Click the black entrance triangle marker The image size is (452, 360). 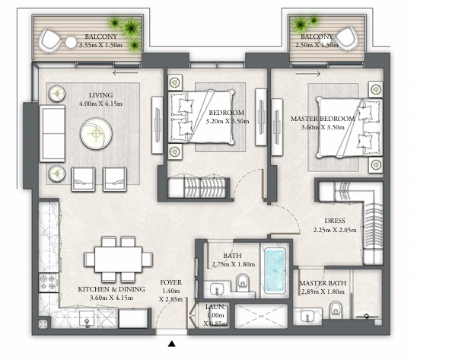(172, 343)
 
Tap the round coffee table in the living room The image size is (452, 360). (96, 133)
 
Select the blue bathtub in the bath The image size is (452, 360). (275, 272)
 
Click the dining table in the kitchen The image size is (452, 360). (118, 260)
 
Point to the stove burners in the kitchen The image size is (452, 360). (48, 282)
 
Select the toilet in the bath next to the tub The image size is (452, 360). (243, 282)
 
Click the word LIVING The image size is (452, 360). (100, 95)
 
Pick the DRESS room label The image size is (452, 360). (335, 221)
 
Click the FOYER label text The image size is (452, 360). (171, 282)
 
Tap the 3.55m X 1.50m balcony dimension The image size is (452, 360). (101, 45)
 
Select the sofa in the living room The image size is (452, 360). (53, 133)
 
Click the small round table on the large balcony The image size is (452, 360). (71, 43)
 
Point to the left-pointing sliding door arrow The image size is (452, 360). (125, 72)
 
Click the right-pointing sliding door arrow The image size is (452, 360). (308, 74)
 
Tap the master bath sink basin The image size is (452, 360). (307, 317)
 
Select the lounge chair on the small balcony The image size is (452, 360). (347, 39)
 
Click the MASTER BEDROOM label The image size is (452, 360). (323, 119)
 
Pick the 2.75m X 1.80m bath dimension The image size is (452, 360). (233, 264)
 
